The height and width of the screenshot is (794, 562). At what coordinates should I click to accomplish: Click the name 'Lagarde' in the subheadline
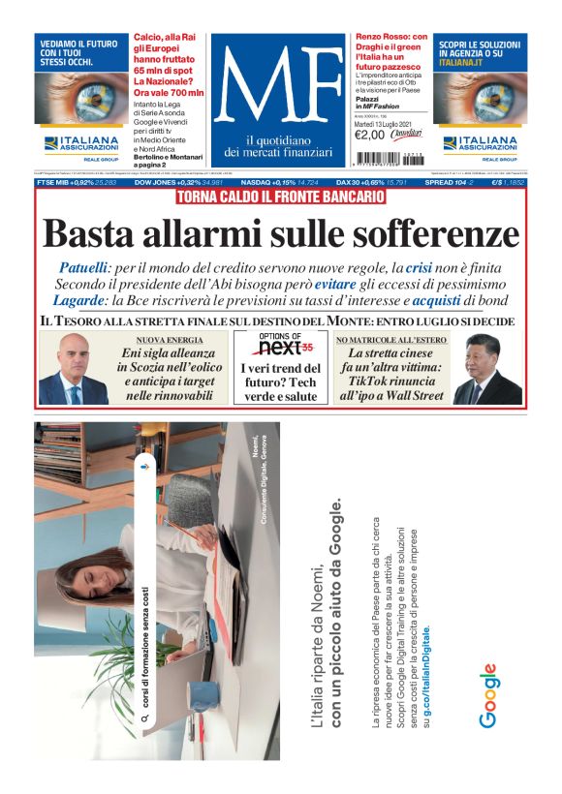pos(88,301)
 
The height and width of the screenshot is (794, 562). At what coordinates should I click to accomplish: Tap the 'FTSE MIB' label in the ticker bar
pos(55,182)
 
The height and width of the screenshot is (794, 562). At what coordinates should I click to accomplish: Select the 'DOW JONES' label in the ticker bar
pos(156,182)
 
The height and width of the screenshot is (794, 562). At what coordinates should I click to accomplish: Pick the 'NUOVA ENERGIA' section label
pos(170,341)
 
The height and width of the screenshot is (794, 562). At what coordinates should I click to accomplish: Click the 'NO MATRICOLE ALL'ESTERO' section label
pos(390,341)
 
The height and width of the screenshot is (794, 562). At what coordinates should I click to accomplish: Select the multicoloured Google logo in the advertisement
pos(488,695)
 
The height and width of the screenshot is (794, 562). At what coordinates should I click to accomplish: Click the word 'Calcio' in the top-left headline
pos(148,36)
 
